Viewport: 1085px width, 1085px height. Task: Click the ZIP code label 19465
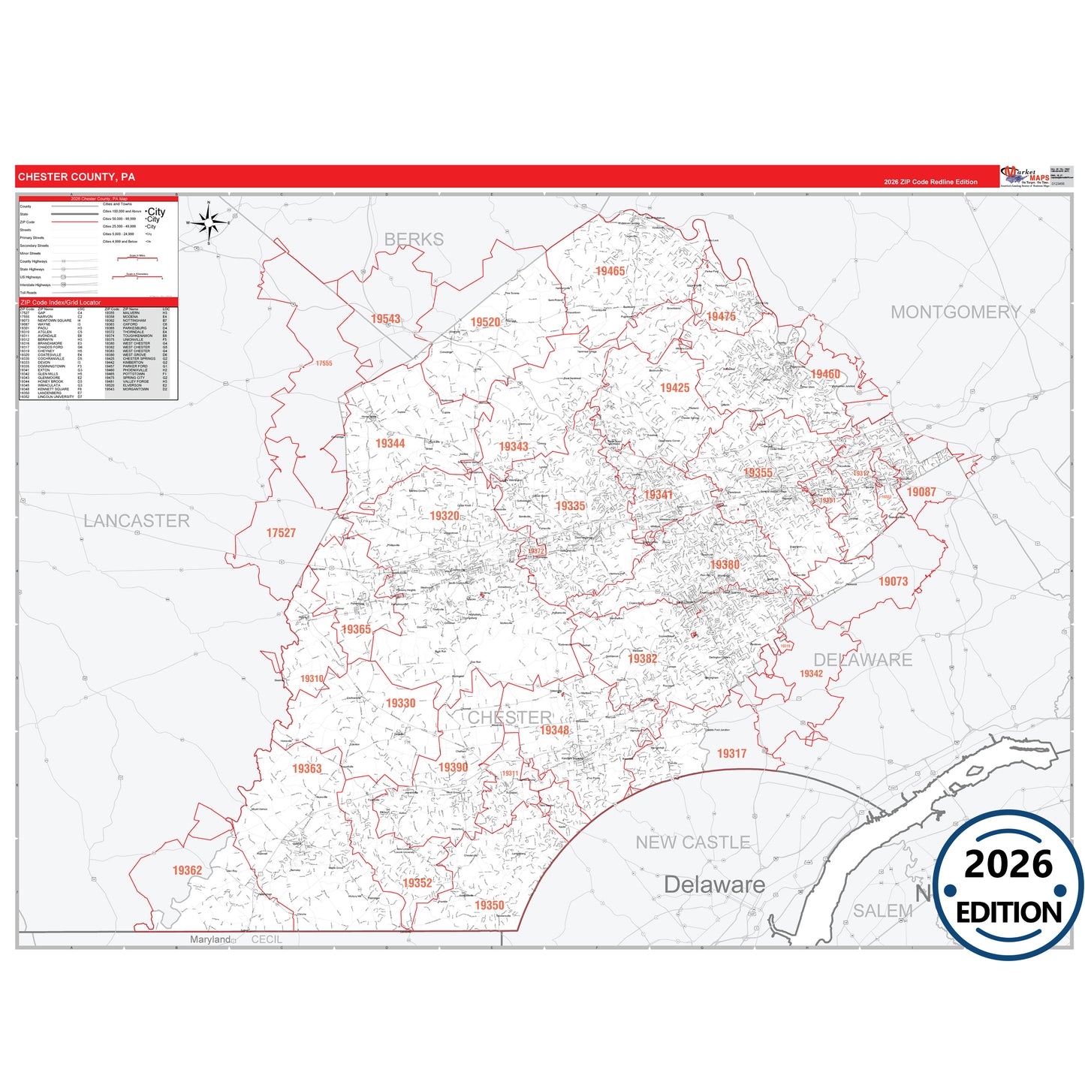610,271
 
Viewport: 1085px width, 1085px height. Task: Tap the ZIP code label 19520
485,322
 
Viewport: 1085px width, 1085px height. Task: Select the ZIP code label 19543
385,319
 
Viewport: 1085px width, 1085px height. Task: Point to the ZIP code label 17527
281,533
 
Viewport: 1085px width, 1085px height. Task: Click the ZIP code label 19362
187,870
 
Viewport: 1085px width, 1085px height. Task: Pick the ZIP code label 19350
489,906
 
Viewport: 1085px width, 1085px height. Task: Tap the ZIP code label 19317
731,753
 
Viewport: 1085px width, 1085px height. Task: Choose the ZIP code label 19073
893,581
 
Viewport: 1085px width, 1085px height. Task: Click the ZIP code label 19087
921,492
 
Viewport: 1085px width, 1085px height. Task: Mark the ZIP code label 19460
824,374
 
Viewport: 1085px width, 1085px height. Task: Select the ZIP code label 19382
642,659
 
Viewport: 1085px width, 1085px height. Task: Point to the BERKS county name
414,240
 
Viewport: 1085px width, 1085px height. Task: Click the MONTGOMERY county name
955,312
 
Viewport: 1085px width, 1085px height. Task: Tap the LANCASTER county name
137,520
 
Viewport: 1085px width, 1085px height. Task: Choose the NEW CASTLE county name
692,842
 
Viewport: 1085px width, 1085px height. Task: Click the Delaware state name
714,885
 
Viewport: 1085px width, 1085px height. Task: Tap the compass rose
209,222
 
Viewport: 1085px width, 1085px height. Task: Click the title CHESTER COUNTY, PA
77,177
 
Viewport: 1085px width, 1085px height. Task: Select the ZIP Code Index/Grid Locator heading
61,303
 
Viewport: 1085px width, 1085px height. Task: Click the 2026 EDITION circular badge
1008,886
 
